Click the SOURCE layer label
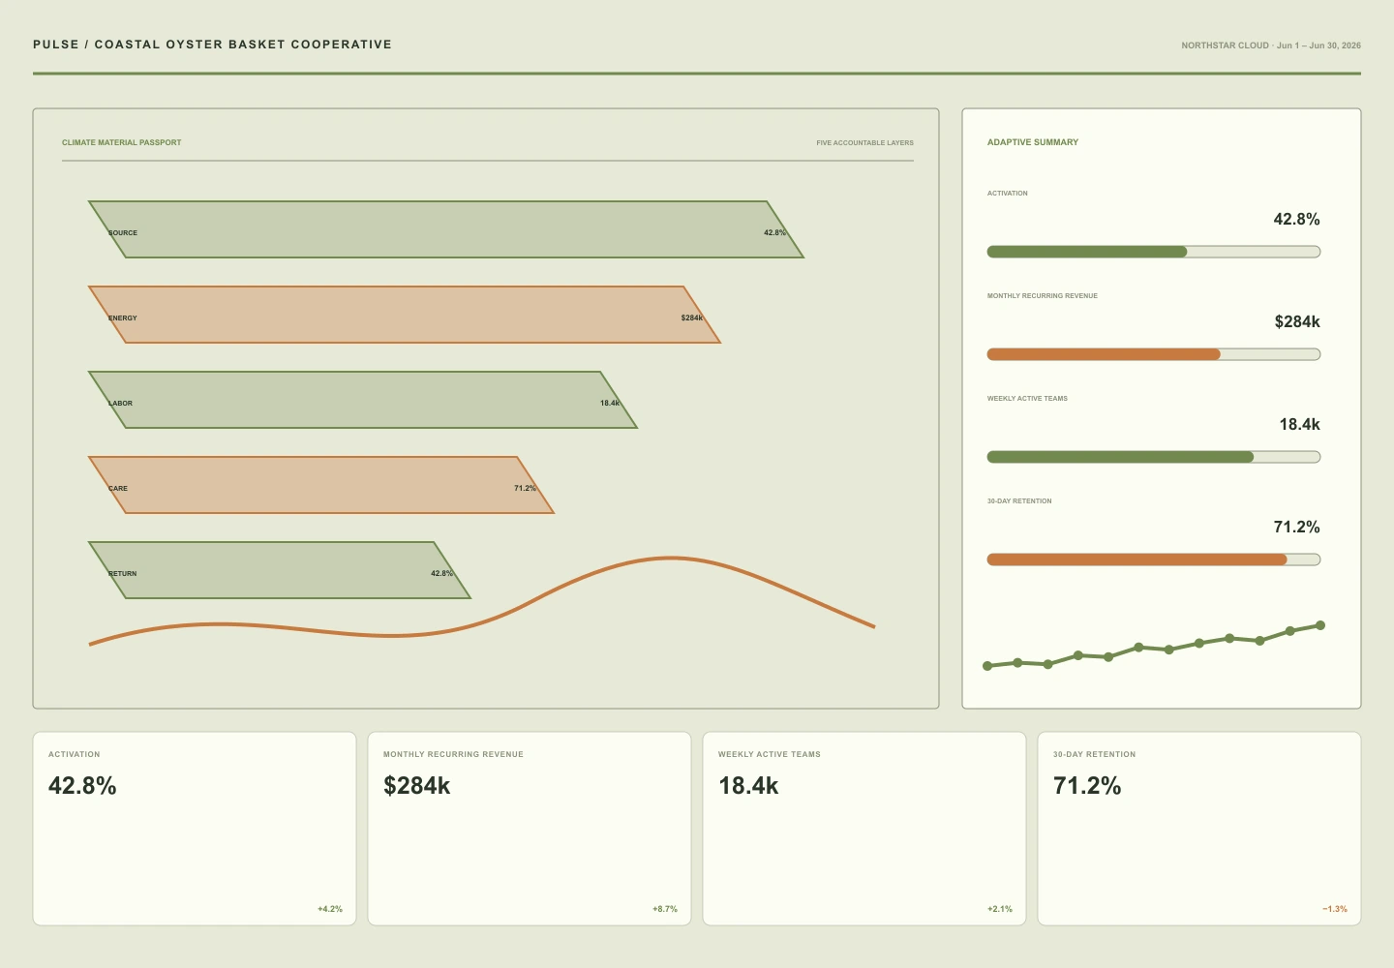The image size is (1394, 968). [123, 232]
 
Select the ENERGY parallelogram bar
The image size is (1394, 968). [405, 315]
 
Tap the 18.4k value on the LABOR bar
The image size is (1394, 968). [610, 403]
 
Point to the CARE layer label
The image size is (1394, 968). [118, 488]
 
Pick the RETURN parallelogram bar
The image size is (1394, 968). [280, 570]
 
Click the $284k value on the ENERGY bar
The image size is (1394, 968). [691, 318]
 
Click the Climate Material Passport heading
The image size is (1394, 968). [121, 142]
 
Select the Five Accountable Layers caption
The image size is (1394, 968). [864, 143]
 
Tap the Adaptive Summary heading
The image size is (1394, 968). [1032, 142]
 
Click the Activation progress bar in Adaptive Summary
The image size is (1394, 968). [1153, 252]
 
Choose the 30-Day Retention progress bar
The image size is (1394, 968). [1153, 560]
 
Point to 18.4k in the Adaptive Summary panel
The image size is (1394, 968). [1299, 424]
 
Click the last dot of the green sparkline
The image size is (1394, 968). [1320, 625]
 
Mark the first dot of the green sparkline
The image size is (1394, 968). [987, 666]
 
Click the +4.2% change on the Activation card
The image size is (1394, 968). [330, 909]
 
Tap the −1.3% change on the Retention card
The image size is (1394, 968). [1335, 909]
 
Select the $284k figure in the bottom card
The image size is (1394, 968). [416, 786]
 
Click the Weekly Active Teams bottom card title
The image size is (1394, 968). [770, 754]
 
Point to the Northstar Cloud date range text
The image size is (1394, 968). [1271, 45]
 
